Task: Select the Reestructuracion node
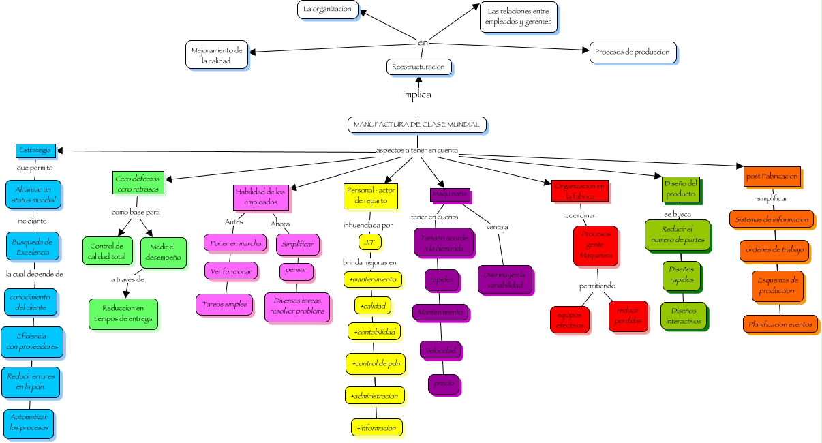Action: [418, 66]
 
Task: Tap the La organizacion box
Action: [328, 9]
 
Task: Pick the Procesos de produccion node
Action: [633, 52]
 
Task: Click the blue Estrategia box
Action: [35, 150]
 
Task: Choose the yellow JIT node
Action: [368, 241]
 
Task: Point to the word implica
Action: [416, 95]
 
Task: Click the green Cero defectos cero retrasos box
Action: [133, 183]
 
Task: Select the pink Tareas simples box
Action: [224, 304]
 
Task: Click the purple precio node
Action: [444, 383]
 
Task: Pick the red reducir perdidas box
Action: [628, 316]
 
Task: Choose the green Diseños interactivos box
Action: [683, 316]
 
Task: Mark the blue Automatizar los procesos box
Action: [29, 423]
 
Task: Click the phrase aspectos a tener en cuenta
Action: [417, 150]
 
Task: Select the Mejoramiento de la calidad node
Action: [216, 55]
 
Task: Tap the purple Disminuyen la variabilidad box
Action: [505, 279]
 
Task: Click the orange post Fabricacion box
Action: [772, 176]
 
